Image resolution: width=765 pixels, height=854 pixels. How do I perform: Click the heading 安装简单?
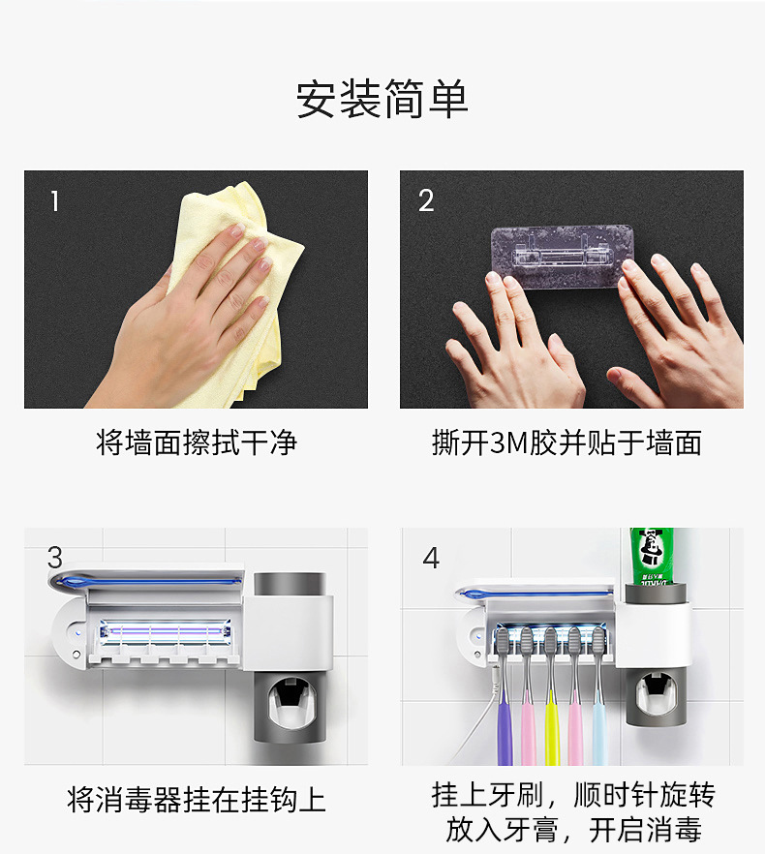(382, 99)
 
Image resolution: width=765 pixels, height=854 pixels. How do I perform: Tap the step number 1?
(54, 201)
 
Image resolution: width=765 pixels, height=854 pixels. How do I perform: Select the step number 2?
(426, 200)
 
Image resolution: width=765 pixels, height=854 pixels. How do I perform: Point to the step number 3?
(55, 557)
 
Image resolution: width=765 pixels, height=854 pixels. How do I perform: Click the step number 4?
(431, 558)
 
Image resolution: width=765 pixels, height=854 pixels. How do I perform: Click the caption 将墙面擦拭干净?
(197, 442)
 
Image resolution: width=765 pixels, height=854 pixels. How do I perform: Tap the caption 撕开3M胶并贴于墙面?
(566, 442)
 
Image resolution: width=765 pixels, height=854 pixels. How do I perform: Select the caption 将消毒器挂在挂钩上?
(197, 800)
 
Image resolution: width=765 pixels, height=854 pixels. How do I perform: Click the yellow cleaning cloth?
(240, 294)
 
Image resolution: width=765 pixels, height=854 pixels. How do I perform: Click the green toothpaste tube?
(652, 556)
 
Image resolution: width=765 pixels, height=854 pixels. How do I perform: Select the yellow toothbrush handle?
(551, 726)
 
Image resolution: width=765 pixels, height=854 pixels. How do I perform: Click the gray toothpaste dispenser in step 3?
(291, 707)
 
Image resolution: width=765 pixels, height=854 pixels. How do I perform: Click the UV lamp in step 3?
(165, 632)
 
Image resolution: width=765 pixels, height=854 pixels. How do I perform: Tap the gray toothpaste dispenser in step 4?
(658, 698)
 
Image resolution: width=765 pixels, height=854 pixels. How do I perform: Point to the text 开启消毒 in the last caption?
(645, 830)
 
